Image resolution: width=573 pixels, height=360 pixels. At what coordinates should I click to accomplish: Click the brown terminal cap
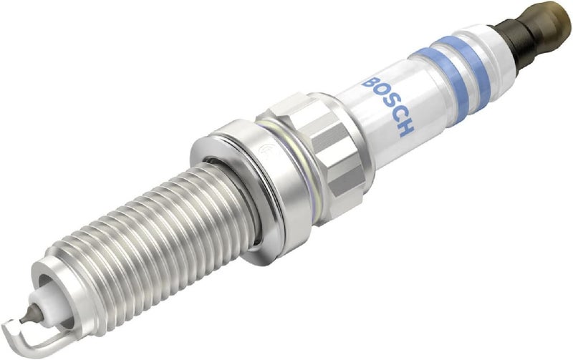[547, 26]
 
